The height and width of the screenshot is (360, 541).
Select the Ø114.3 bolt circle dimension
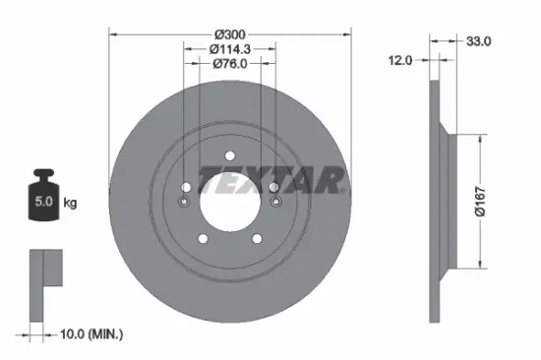(229, 48)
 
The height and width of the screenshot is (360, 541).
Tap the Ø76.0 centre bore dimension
(229, 64)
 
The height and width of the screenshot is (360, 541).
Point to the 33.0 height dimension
(477, 41)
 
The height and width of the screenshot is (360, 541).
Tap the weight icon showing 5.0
(43, 201)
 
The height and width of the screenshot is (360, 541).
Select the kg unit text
(71, 203)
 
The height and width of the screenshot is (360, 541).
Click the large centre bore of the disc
(229, 200)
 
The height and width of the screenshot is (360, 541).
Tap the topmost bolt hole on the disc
(229, 154)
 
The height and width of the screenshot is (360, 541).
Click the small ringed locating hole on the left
(183, 203)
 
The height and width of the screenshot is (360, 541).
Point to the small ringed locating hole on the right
(276, 203)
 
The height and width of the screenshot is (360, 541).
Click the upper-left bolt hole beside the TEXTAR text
(186, 186)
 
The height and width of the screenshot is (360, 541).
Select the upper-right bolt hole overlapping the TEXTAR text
(272, 186)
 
